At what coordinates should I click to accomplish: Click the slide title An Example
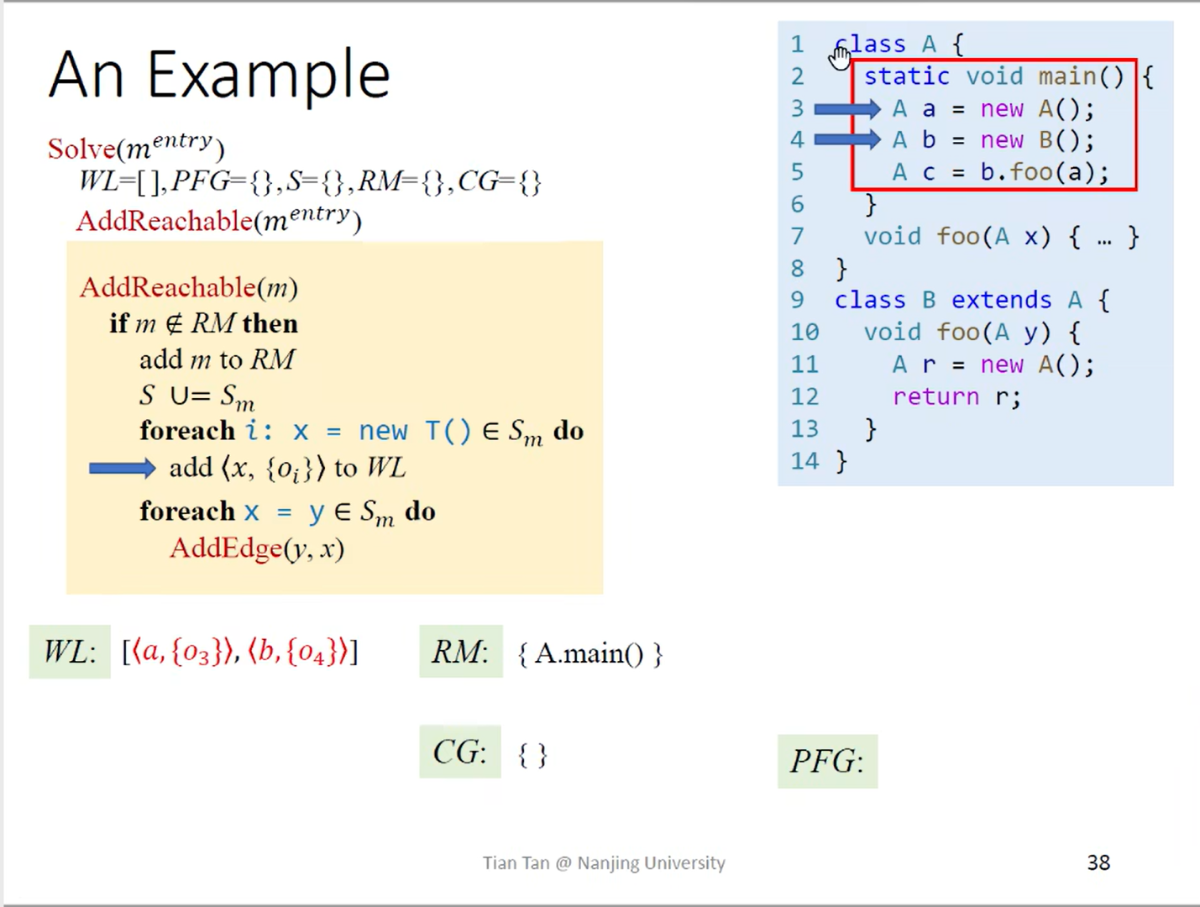[x=219, y=76]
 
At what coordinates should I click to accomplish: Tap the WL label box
[x=70, y=652]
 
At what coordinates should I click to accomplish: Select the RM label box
[x=460, y=652]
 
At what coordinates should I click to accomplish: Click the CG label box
[x=460, y=752]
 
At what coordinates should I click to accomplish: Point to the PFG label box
[x=827, y=762]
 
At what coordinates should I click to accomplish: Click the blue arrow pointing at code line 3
[x=846, y=109]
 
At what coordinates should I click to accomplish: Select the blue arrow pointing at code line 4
[x=846, y=139]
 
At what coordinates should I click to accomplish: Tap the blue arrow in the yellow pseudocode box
[x=122, y=468]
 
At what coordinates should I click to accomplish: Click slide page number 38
[x=1098, y=862]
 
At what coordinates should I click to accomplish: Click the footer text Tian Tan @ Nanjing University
[x=604, y=862]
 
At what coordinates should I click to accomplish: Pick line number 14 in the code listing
[x=804, y=461]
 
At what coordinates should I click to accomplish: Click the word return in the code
[x=935, y=396]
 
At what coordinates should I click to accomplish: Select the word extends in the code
[x=1001, y=300]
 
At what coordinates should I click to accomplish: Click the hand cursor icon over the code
[x=840, y=57]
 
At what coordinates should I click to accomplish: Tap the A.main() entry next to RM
[x=590, y=653]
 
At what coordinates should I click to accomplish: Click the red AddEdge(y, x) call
[x=257, y=548]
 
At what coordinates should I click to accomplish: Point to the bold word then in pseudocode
[x=270, y=323]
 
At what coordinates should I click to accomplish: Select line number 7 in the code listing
[x=797, y=236]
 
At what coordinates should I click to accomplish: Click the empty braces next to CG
[x=532, y=755]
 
